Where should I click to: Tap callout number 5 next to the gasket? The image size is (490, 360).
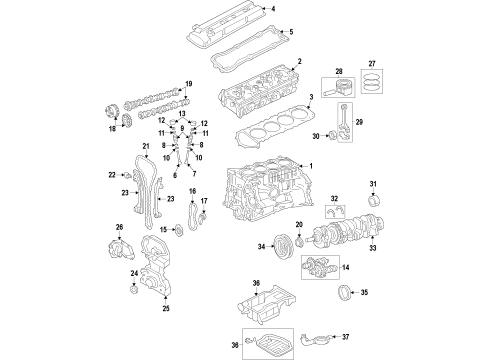pos(290,32)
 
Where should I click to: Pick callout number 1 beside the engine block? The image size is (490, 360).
pos(310,166)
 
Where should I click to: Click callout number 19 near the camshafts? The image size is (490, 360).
pos(188,84)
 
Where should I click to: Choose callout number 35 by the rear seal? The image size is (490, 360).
pos(364,293)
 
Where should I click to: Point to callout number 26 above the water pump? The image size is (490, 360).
pos(119,228)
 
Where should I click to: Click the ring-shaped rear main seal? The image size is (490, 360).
pos(338,293)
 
